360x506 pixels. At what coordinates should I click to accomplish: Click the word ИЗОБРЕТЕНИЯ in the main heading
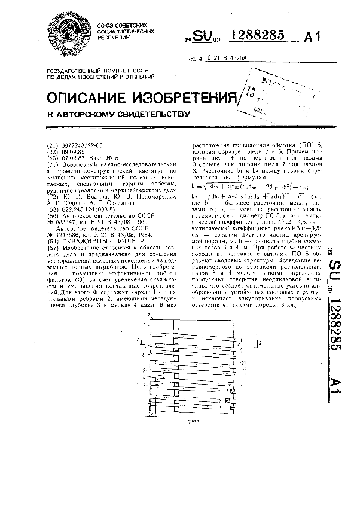[x=189, y=97]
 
